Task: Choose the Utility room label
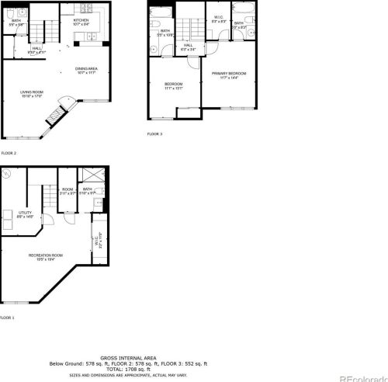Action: coord(25,214)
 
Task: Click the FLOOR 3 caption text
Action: coord(155,134)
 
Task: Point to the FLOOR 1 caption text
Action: coord(8,318)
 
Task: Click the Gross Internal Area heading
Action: coord(127,358)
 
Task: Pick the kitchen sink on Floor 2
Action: coord(92,36)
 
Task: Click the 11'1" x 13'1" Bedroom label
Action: coord(173,86)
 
